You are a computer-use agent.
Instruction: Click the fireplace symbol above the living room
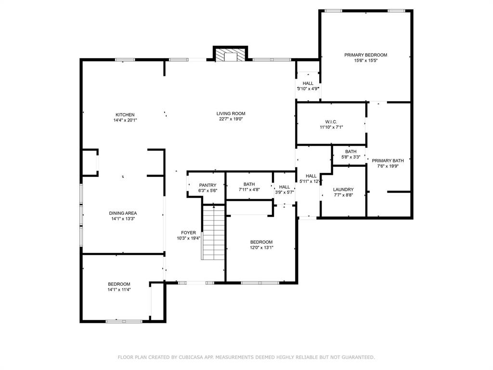tap(230, 55)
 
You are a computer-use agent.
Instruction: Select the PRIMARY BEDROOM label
tap(365, 55)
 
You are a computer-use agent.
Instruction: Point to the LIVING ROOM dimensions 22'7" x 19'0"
tap(230, 119)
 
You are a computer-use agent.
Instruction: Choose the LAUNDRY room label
tap(343, 189)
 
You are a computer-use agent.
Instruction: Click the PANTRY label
tap(208, 185)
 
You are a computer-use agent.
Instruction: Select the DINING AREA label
tap(123, 213)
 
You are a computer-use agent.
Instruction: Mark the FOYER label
tap(188, 233)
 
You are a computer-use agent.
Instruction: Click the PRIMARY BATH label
tap(388, 160)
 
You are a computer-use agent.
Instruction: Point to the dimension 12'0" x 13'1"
tap(261, 248)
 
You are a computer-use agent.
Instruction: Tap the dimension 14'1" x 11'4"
tap(119, 290)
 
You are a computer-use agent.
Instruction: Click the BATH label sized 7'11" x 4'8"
tap(249, 184)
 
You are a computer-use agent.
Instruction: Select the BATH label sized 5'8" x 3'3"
tap(350, 151)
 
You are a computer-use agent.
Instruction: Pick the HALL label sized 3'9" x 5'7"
tap(285, 187)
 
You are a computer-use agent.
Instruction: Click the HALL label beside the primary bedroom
tap(308, 83)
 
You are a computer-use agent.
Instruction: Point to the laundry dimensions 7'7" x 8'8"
tap(343, 195)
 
